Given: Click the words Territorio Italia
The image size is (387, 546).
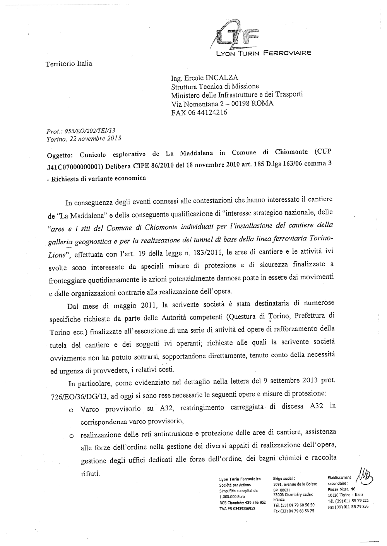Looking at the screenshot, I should pos(69,64).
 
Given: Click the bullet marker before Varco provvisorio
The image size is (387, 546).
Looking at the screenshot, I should pos(71,410).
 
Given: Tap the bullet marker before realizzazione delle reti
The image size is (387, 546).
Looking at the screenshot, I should pos(71,436).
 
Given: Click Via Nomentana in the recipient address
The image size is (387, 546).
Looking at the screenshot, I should pos(194,104).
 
